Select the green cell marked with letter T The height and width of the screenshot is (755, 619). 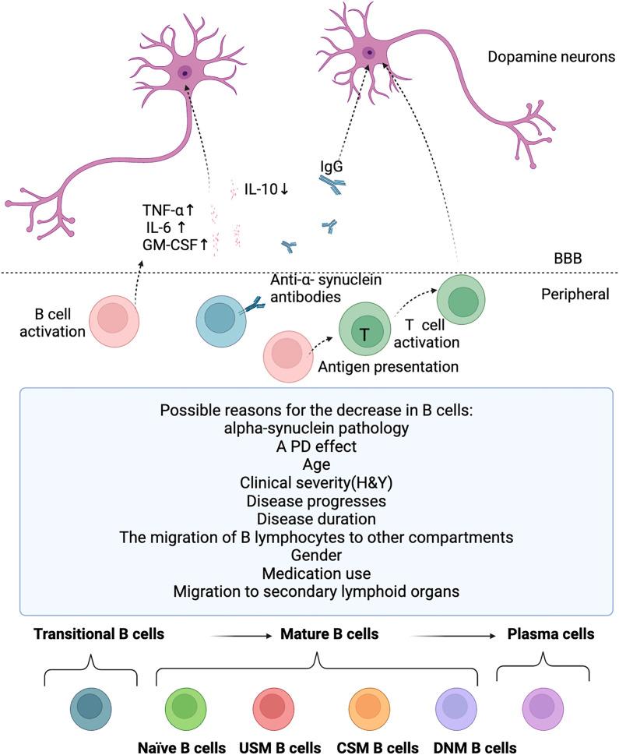click(x=363, y=333)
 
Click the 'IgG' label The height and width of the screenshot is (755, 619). click(x=331, y=166)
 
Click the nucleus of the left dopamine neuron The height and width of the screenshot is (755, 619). click(x=185, y=73)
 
